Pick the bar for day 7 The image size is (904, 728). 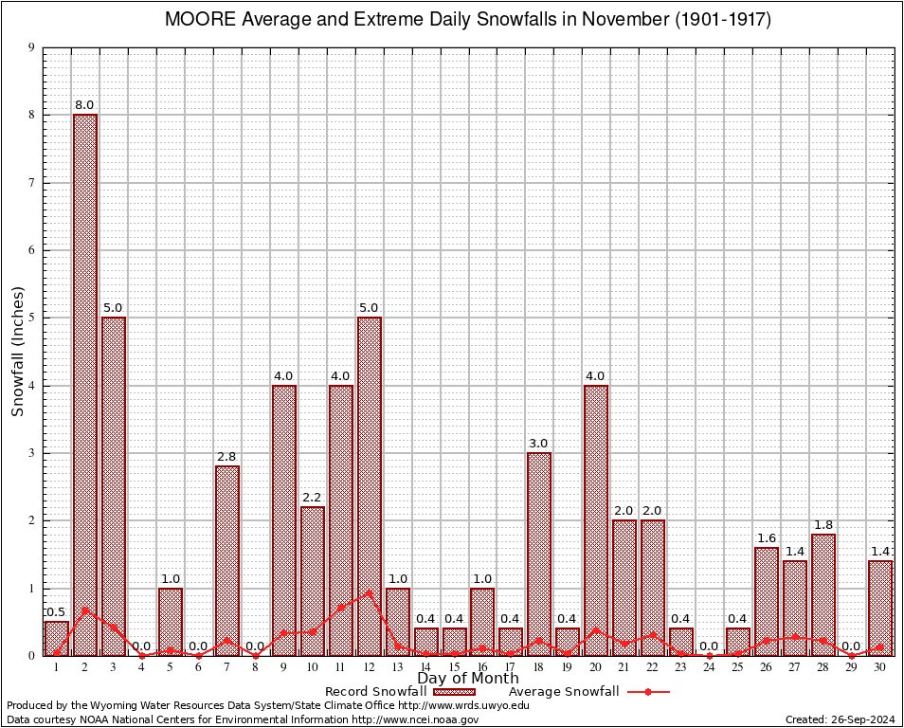point(227,560)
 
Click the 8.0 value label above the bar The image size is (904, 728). point(85,104)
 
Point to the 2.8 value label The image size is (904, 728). point(227,456)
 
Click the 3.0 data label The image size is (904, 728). point(539,443)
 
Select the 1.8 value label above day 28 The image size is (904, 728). point(823,524)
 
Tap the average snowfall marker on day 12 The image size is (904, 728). point(369,592)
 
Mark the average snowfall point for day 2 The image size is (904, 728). point(85,610)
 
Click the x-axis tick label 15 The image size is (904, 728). point(454,667)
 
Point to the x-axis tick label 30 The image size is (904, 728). point(880,667)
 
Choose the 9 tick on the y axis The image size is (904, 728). point(32,47)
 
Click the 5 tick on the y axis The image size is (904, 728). point(32,318)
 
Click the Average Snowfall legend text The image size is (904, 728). point(564,692)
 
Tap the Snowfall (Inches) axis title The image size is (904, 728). point(17,351)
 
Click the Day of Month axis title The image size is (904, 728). point(468,679)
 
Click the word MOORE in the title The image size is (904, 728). point(196,19)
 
